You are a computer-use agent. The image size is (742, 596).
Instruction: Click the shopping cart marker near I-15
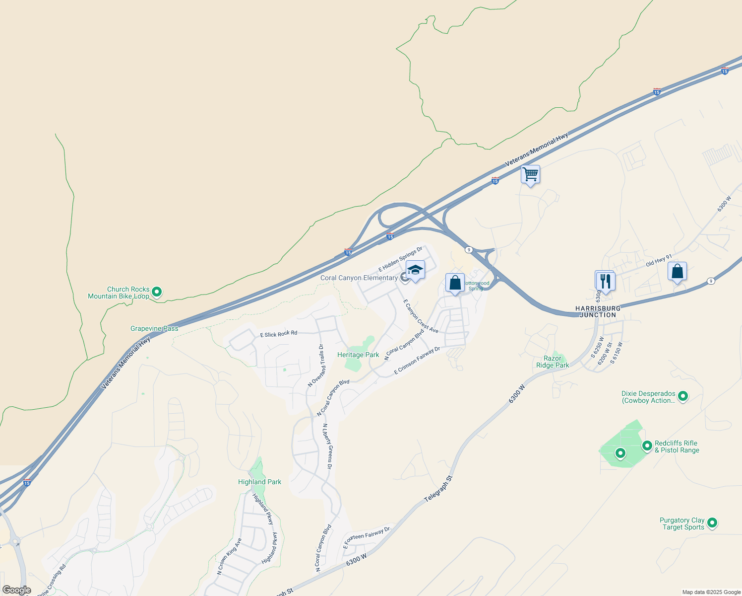530,175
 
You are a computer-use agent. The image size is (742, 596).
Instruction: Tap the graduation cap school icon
415,270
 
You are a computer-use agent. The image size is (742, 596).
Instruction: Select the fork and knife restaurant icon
605,281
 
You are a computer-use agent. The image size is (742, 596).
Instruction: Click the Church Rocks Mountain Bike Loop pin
157,292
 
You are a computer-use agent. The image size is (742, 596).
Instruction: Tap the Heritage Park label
358,355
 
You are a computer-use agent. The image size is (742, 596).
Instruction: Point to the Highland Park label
259,482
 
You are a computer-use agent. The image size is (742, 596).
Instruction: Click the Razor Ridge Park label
553,362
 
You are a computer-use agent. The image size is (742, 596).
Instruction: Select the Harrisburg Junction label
598,312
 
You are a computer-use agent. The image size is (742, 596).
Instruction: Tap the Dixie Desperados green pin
683,396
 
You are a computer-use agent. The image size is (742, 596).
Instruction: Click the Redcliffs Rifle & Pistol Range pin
647,446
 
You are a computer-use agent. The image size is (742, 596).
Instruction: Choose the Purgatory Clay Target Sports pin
712,522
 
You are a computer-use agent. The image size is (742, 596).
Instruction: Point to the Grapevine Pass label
154,329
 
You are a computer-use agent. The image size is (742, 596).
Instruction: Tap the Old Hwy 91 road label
659,261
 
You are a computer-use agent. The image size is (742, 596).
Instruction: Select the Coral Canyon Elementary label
359,278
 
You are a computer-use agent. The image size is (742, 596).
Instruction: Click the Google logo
16,590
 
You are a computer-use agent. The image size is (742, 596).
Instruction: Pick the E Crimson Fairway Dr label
417,361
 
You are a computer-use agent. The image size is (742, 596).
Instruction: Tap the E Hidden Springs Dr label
400,259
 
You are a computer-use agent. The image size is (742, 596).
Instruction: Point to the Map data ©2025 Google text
711,592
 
